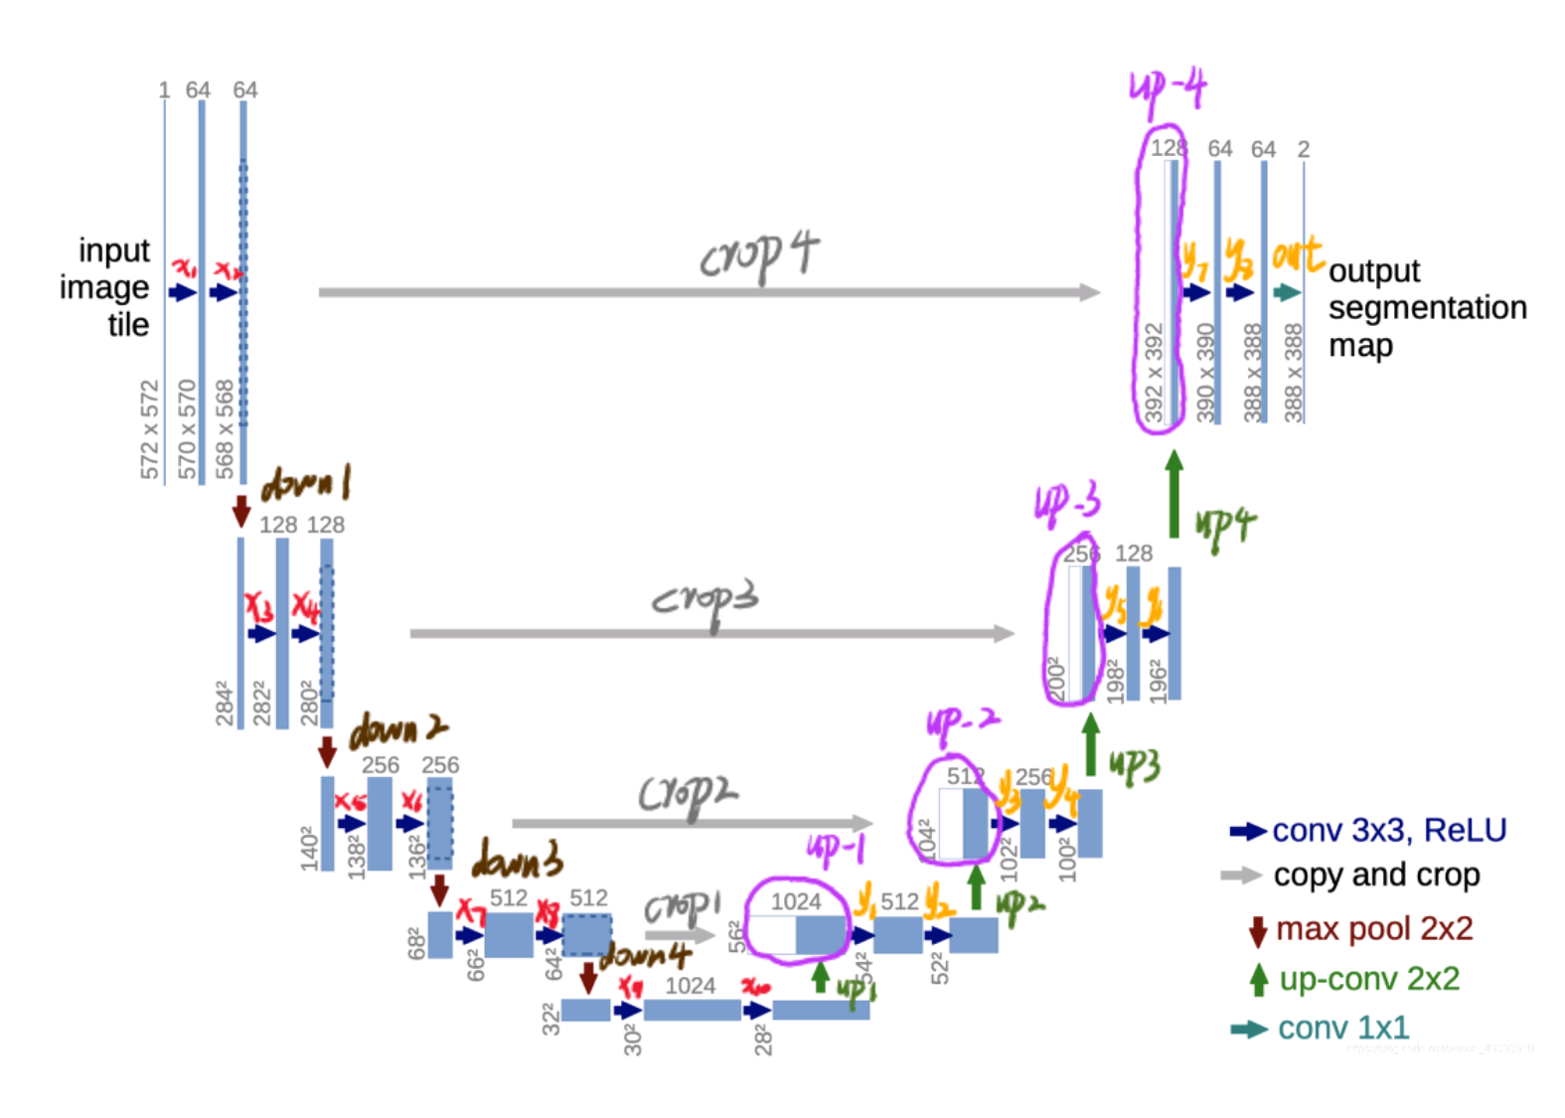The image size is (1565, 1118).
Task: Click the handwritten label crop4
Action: tap(759, 255)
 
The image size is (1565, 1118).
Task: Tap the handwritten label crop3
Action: tap(704, 599)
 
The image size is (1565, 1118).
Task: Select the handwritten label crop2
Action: tap(688, 796)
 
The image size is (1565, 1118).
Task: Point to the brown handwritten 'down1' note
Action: tap(305, 485)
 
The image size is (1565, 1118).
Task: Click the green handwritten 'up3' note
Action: tap(1135, 765)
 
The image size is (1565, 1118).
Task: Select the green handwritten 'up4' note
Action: tap(1225, 525)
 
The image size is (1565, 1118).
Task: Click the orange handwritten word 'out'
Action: tap(1297, 255)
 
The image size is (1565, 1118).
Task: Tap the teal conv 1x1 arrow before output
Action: tap(1288, 292)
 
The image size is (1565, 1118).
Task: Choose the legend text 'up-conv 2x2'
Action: tap(1369, 979)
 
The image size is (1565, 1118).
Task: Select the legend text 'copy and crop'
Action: tap(1376, 875)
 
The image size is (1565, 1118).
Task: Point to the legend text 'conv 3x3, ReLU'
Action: tap(1389, 830)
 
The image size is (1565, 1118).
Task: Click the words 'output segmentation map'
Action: tap(1427, 308)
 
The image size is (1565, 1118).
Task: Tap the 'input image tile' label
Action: tap(106, 287)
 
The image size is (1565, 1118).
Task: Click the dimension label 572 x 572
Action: tap(149, 429)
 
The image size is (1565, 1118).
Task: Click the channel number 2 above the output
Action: tap(1304, 149)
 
